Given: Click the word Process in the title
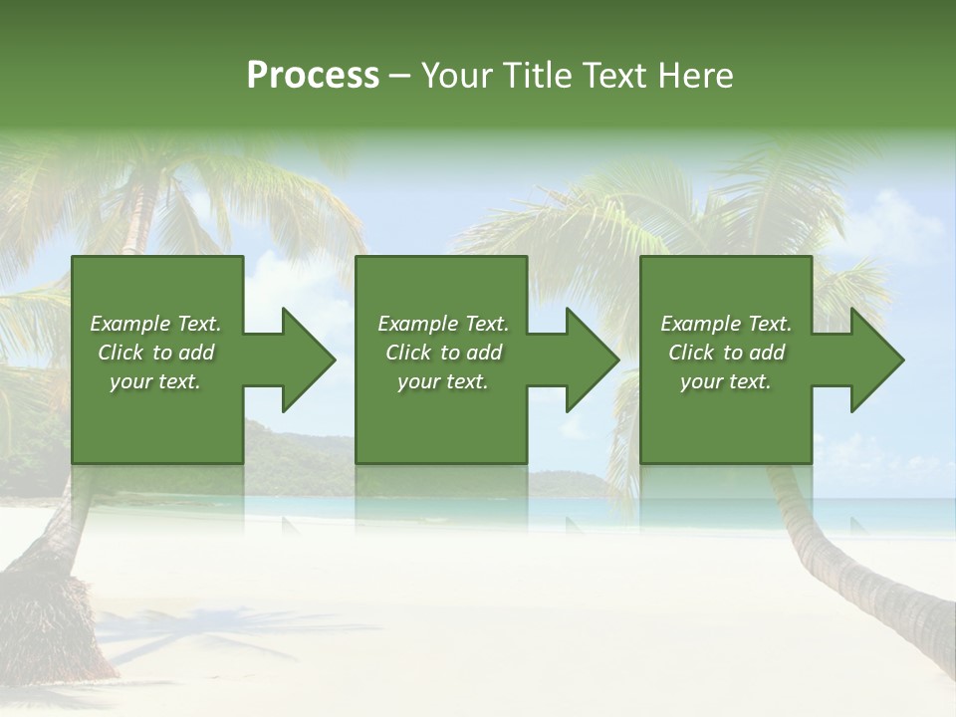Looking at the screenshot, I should click(x=313, y=76).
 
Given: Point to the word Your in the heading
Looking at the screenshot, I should click(x=458, y=76).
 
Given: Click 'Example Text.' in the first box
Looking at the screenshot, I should click(x=156, y=324).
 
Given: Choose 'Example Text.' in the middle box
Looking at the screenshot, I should click(x=443, y=324).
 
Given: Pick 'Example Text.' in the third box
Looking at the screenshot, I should click(x=726, y=324).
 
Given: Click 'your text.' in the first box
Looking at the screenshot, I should click(x=155, y=381).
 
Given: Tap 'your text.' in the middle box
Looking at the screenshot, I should click(x=443, y=381).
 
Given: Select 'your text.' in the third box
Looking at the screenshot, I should click(x=726, y=381).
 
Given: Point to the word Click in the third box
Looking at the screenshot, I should click(x=692, y=353).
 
